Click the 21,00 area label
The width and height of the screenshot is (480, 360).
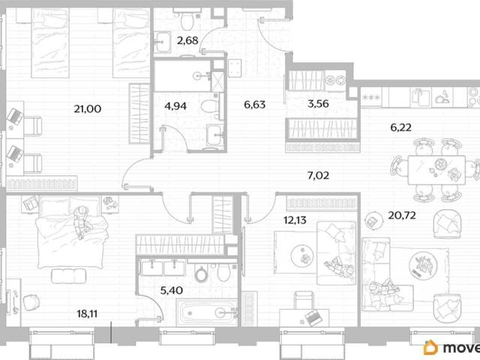[x=88, y=109]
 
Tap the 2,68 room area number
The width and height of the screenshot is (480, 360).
[x=187, y=40]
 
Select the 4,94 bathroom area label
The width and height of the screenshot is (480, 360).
[x=175, y=106]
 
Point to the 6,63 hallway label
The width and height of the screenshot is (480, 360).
[x=255, y=105]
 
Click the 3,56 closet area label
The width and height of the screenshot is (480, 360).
[x=318, y=103]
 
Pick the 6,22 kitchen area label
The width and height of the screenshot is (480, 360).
[x=401, y=127]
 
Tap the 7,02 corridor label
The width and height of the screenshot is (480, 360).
[x=318, y=175]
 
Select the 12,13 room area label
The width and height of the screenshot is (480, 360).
[x=295, y=220]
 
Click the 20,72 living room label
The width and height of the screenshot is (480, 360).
[x=402, y=215]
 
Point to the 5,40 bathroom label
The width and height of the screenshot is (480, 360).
[x=172, y=290]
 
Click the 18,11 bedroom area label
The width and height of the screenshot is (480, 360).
[x=87, y=313]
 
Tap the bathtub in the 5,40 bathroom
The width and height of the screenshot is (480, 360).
[x=207, y=312]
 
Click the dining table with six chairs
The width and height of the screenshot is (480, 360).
[x=436, y=170]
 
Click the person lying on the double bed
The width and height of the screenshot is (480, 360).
[x=82, y=221]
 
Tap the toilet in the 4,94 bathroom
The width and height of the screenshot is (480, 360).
[x=210, y=106]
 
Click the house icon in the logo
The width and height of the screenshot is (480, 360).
[x=430, y=347]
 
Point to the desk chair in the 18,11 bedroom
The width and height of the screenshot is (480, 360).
[x=31, y=302]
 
